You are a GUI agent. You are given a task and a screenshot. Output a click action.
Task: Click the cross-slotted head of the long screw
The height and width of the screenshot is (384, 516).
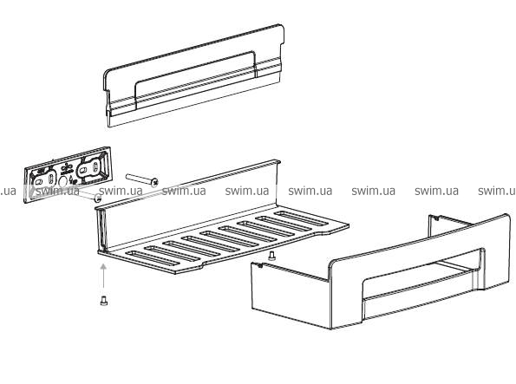tap(154, 182)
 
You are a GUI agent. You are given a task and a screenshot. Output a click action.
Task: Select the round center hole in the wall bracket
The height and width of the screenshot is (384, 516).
tap(62, 180)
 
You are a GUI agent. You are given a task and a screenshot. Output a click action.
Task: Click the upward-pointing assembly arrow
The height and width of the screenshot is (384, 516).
tap(103, 276)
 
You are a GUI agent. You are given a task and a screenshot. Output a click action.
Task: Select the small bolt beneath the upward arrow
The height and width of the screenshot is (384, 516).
tap(104, 301)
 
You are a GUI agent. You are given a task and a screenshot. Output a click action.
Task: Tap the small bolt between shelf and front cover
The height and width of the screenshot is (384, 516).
tap(271, 256)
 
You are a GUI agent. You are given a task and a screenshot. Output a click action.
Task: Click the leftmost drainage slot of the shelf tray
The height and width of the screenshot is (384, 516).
tap(153, 258)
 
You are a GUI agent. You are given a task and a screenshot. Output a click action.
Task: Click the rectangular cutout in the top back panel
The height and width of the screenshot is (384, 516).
tap(194, 79)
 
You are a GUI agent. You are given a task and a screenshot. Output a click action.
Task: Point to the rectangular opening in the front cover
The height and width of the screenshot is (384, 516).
tap(423, 275)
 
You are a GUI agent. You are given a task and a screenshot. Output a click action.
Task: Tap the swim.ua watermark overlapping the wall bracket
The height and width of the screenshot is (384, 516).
tap(57, 191)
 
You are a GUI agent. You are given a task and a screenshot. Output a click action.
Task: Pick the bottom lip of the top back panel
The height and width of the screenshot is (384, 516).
tap(195, 101)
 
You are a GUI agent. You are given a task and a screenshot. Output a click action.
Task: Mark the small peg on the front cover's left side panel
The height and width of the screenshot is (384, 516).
tap(259, 265)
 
